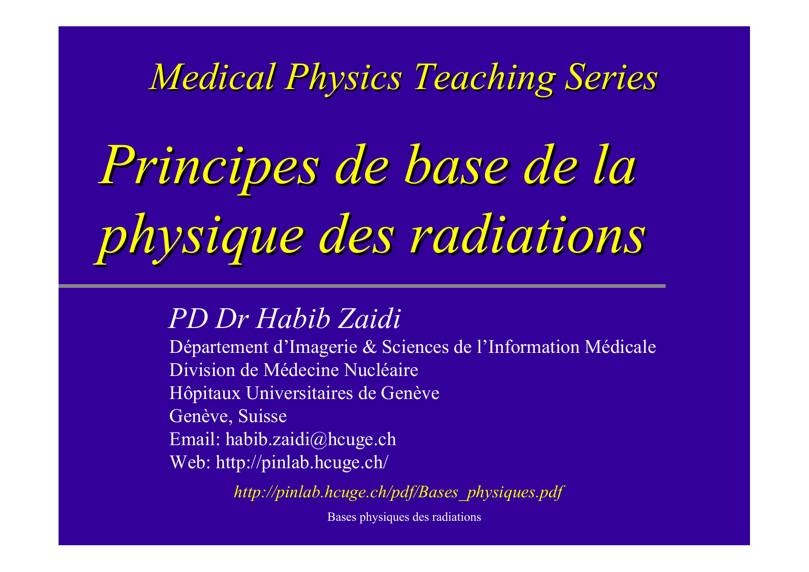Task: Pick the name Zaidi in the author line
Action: (x=369, y=319)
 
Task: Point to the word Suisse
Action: (x=262, y=416)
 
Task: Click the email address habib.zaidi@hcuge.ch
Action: (x=311, y=439)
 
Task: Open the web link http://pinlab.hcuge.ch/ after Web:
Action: (x=302, y=462)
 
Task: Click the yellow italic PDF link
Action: (x=399, y=492)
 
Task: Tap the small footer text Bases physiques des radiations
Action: (x=404, y=517)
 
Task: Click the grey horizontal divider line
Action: (x=362, y=286)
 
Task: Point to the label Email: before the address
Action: (x=195, y=439)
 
